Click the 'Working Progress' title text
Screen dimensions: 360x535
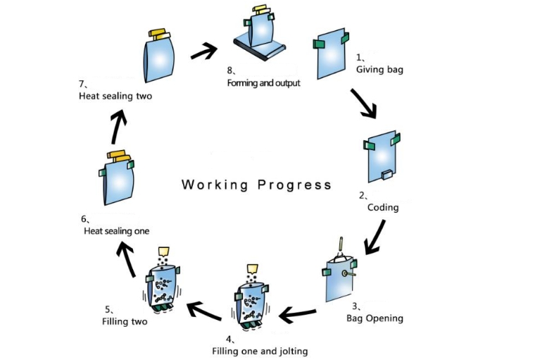click(x=256, y=185)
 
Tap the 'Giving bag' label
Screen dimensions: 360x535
click(x=379, y=70)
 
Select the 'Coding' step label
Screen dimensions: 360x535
click(x=383, y=207)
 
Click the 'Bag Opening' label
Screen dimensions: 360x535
click(x=374, y=318)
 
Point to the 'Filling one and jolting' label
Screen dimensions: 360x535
click(x=260, y=350)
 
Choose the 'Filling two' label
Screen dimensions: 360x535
click(x=125, y=322)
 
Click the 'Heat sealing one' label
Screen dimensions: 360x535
click(x=116, y=230)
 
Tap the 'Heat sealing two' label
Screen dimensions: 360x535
click(x=115, y=97)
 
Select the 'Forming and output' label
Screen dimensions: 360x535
click(x=263, y=83)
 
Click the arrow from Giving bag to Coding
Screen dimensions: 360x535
click(x=363, y=102)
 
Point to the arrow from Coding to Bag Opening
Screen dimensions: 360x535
click(x=375, y=235)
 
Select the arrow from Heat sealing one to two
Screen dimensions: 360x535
click(x=120, y=126)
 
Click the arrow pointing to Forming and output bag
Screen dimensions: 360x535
click(x=203, y=50)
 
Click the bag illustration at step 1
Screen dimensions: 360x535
click(x=329, y=54)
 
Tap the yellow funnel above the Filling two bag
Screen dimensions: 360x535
click(x=165, y=251)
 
